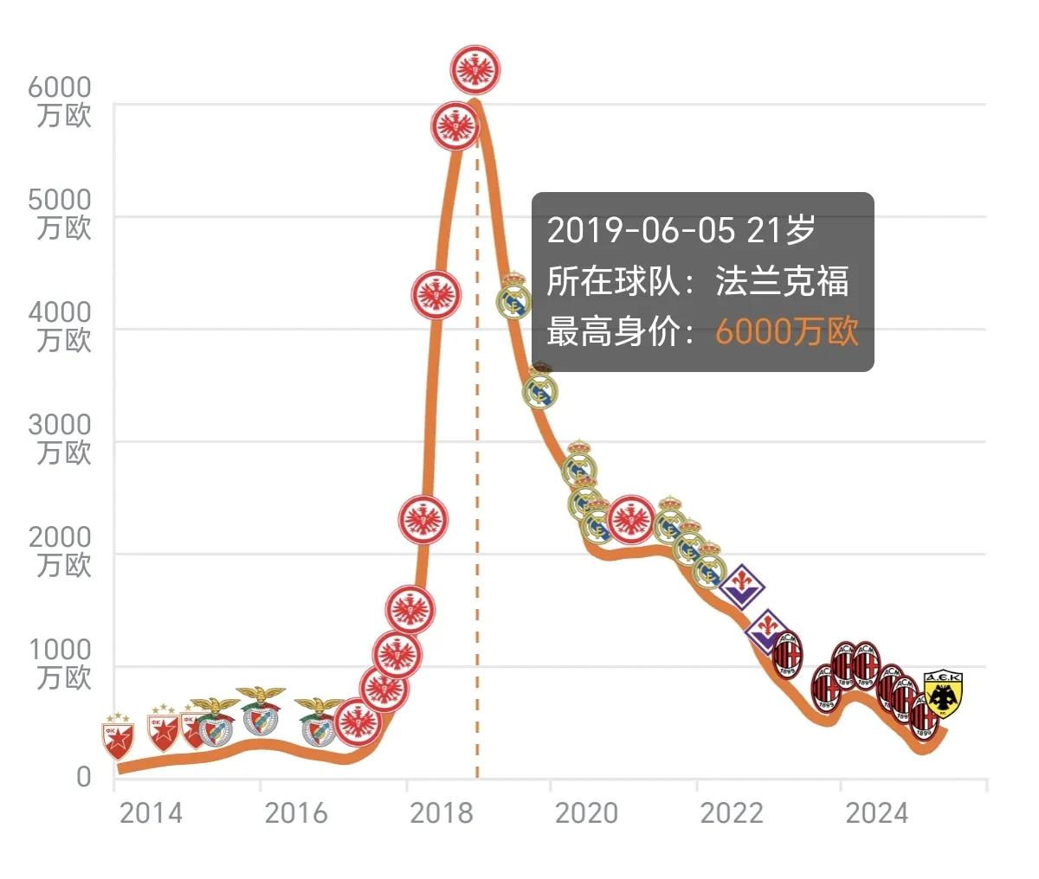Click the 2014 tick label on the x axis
click(151, 814)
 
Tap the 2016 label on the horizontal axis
click(296, 814)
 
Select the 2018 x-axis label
click(442, 814)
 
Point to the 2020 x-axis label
click(586, 814)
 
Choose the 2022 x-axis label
click(732, 814)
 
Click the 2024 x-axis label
click(876, 814)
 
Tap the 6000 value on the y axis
click(60, 87)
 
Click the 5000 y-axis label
click(60, 200)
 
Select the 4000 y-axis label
click(60, 312)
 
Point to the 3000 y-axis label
click(60, 425)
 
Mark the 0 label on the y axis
click(83, 777)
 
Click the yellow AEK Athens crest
click(943, 694)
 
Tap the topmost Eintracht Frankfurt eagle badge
click(476, 69)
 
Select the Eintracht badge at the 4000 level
click(436, 295)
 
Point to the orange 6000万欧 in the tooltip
click(786, 331)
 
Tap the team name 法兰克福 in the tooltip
click(783, 281)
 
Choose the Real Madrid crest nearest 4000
click(514, 297)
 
